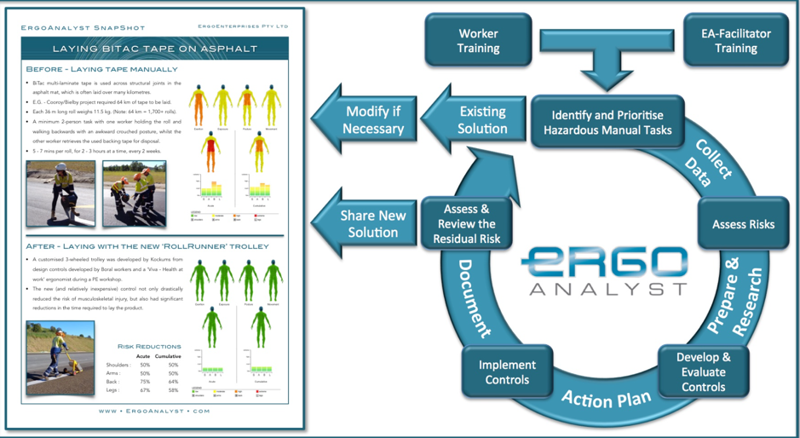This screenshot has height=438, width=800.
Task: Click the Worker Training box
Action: (478, 41)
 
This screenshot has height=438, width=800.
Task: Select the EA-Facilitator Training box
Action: (735, 41)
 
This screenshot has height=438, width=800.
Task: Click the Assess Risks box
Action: (743, 224)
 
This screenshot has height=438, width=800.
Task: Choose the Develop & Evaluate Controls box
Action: (703, 372)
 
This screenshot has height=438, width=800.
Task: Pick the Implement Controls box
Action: (507, 372)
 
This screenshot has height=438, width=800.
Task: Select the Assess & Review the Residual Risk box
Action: (466, 223)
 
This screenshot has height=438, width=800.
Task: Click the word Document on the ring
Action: (474, 297)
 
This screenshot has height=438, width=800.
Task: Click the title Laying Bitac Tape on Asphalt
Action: (154, 49)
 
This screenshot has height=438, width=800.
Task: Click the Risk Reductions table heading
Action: (148, 347)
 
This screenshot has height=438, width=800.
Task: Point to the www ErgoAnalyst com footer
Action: (154, 411)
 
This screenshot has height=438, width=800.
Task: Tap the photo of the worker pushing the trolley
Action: (60, 357)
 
